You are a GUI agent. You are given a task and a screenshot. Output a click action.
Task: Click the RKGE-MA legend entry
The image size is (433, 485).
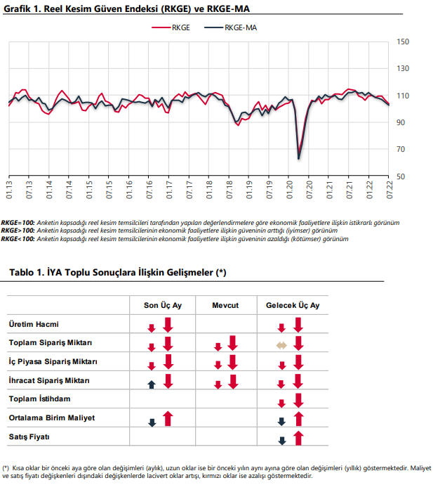230,28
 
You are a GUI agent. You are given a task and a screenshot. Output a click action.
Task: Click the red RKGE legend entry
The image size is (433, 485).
171,28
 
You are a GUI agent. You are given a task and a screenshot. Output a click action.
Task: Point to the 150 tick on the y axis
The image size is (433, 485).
403,41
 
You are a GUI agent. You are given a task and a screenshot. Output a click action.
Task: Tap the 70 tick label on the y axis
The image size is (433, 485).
401,150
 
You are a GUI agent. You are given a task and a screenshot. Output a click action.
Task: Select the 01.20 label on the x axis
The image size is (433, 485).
289,190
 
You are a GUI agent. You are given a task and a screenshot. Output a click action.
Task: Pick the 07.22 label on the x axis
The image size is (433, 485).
389,190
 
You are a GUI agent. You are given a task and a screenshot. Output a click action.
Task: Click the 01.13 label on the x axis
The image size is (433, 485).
9,190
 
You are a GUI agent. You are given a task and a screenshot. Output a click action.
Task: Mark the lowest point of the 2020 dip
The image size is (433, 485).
299,159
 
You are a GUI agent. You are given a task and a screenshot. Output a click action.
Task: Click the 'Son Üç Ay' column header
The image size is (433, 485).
163,305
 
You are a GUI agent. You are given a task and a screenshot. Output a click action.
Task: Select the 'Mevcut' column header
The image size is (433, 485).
225,305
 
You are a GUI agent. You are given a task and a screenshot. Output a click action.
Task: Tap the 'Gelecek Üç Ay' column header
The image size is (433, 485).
293,305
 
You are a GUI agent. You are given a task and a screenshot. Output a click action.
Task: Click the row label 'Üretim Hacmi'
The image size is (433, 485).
34,324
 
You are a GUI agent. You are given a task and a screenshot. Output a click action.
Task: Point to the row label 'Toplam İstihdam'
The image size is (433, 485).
39,399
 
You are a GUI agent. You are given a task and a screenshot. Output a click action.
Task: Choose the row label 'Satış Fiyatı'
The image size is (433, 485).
29,436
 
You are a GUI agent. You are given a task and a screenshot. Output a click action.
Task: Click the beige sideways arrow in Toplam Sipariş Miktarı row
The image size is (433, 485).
281,346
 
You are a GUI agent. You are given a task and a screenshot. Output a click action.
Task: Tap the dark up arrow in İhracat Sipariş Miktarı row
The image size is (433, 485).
152,384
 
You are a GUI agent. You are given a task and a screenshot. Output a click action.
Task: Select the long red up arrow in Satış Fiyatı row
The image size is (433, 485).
298,438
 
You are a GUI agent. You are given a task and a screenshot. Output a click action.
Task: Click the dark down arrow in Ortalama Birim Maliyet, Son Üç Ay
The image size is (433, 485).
152,422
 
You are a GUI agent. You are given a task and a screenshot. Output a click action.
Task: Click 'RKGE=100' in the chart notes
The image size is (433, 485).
18,223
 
